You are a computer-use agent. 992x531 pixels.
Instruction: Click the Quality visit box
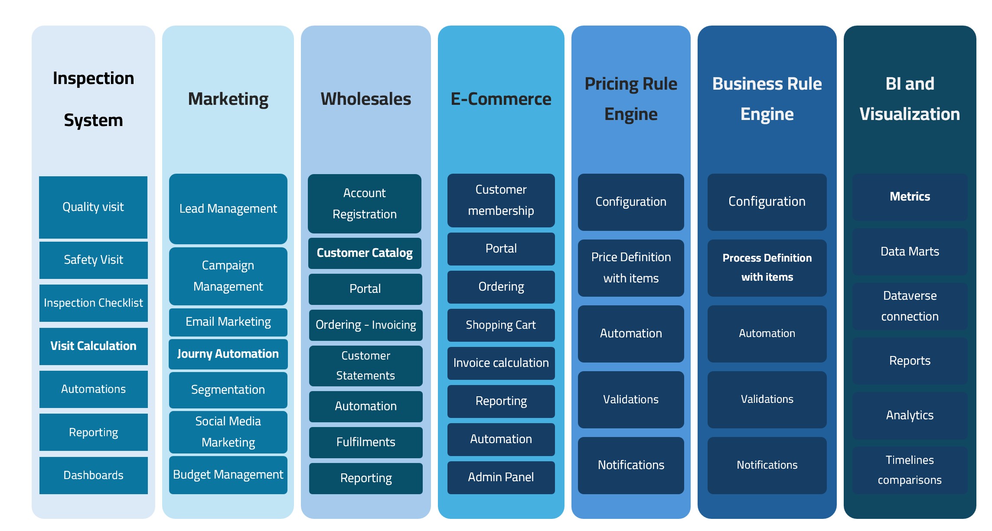point(93,207)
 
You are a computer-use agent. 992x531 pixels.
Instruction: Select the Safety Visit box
point(93,260)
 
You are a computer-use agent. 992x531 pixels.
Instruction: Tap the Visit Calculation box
point(93,346)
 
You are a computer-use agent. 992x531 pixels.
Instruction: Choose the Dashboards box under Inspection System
point(93,476)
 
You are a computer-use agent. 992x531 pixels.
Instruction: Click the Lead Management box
point(228,209)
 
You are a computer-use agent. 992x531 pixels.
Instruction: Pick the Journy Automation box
point(228,354)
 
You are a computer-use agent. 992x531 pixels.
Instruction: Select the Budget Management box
point(228,475)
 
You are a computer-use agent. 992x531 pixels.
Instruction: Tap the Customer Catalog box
point(365,253)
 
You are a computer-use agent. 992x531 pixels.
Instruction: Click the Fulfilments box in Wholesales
point(365,442)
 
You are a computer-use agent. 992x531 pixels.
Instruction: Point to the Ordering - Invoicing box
point(365,325)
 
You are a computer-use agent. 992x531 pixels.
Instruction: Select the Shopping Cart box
point(501,325)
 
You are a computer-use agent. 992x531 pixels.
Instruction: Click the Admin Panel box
point(501,477)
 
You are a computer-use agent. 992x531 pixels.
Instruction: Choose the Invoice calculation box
point(501,363)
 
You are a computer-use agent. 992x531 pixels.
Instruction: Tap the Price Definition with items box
point(631,268)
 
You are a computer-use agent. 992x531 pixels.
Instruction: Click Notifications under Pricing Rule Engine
point(631,465)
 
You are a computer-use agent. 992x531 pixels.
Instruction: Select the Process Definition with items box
point(767,268)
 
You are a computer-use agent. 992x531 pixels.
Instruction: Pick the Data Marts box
point(910,252)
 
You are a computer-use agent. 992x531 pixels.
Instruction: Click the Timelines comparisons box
point(910,470)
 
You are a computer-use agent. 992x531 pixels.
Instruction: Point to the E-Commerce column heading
point(501,99)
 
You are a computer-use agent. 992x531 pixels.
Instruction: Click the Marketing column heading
point(228,100)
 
